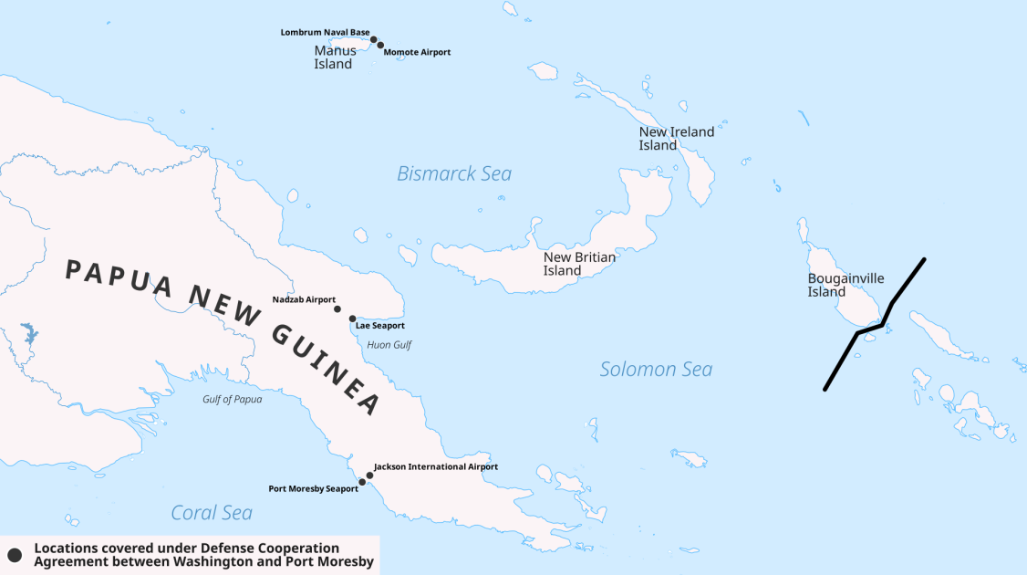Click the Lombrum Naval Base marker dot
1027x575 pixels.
(x=374, y=39)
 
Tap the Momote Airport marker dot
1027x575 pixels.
(x=380, y=45)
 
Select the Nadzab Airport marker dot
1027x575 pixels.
(x=337, y=309)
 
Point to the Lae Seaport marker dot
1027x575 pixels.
(x=353, y=319)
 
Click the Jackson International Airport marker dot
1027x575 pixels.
(x=369, y=476)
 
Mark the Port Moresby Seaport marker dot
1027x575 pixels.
(x=362, y=482)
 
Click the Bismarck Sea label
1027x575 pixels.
(x=454, y=173)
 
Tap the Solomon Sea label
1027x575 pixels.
(x=656, y=370)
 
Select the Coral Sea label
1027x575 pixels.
(x=212, y=513)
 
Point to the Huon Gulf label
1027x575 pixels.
(x=389, y=345)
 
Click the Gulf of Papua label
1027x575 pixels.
(x=232, y=399)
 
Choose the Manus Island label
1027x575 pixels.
(x=335, y=57)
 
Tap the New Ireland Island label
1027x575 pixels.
(x=676, y=139)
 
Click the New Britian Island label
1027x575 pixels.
(x=579, y=264)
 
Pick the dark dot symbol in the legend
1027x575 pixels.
(x=14, y=555)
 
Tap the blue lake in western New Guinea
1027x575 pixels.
(x=27, y=333)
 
